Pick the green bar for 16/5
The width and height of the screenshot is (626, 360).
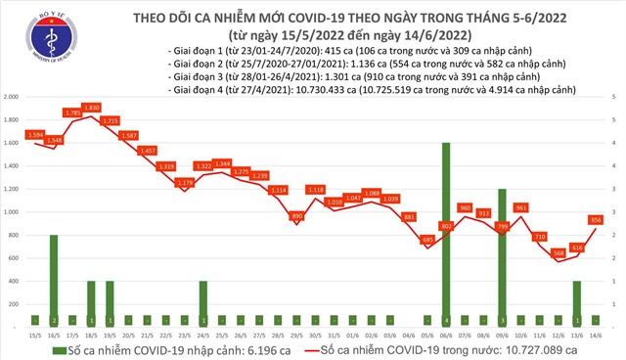click(54, 279)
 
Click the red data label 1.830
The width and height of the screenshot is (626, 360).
click(92, 107)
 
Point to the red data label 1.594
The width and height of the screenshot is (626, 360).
click(35, 134)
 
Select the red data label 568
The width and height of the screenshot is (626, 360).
click(559, 251)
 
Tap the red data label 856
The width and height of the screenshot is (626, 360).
click(596, 219)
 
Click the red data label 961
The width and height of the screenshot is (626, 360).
click(521, 207)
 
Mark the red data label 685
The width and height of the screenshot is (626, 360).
click(426, 239)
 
